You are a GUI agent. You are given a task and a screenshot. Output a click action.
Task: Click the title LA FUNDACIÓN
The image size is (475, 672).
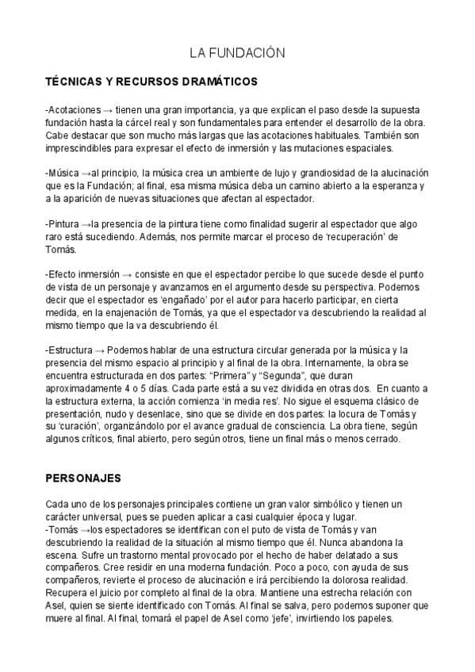[x=236, y=53]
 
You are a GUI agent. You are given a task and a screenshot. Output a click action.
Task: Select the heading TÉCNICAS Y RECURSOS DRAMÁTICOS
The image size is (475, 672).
[x=151, y=82]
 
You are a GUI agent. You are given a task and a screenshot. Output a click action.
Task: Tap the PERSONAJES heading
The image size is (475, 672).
[x=82, y=479]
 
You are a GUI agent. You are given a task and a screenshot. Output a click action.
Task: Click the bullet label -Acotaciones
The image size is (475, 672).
[x=74, y=109]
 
